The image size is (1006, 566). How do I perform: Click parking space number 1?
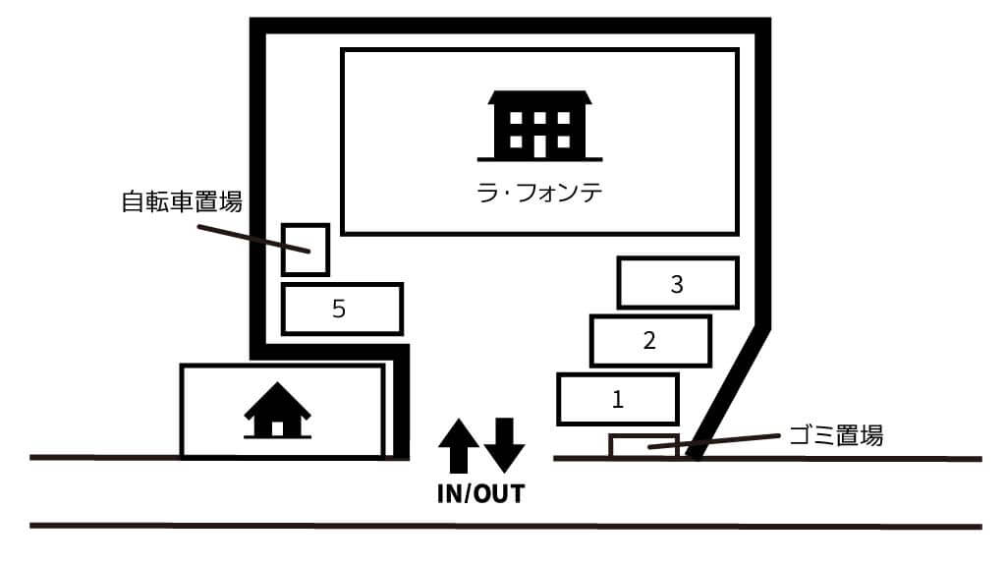[617, 400]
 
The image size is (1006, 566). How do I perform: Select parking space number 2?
[648, 341]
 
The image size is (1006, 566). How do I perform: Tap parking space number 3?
[677, 284]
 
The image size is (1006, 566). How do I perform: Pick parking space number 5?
[341, 310]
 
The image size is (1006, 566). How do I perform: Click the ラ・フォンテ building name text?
[539, 194]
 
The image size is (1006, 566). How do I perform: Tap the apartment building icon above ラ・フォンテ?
[539, 125]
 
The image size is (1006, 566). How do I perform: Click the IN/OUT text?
[480, 493]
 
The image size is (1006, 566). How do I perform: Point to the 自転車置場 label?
[182, 203]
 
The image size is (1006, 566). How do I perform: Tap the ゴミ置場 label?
[836, 435]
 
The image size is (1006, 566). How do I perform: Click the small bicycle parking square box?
[305, 250]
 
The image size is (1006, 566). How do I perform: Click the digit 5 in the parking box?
[339, 310]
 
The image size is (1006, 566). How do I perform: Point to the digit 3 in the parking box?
[677, 284]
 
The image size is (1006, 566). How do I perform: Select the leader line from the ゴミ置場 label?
[717, 442]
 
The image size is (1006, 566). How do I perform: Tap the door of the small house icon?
[278, 427]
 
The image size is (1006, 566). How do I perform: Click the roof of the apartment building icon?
[539, 99]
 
